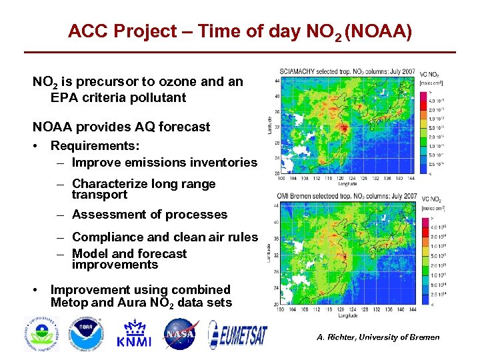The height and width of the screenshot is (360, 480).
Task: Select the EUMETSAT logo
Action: pyautogui.click(x=238, y=333)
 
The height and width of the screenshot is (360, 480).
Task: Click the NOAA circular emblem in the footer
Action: pyautogui.click(x=85, y=333)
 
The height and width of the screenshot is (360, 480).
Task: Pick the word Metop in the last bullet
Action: pyautogui.click(x=70, y=303)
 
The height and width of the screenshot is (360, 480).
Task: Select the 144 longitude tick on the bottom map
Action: pyautogui.click(x=412, y=309)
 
